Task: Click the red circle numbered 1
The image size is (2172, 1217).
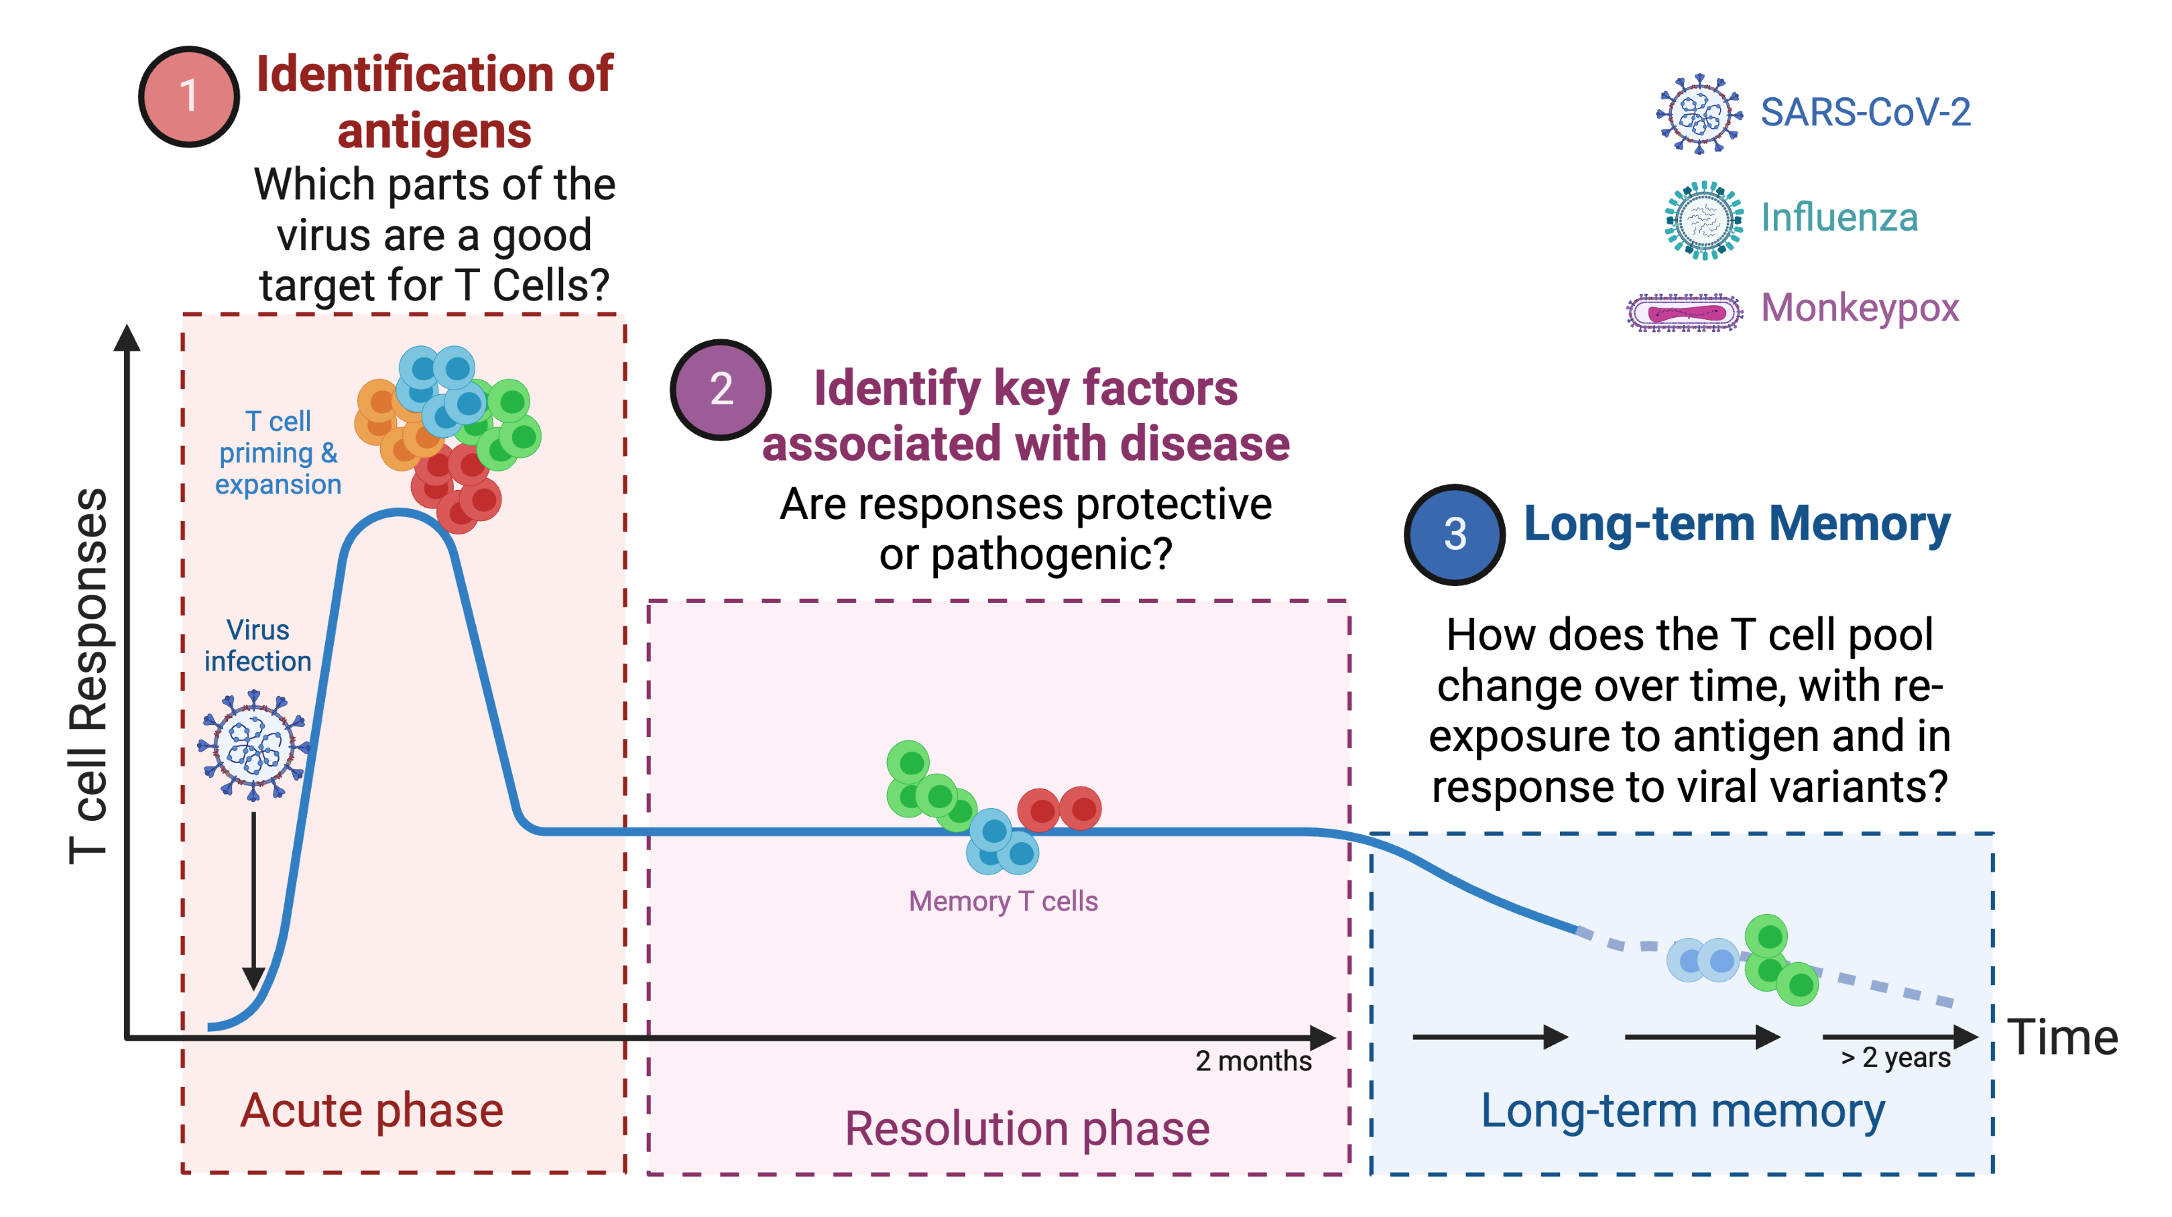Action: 189,96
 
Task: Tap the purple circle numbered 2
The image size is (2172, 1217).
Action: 720,390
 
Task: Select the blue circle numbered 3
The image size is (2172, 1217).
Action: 1455,534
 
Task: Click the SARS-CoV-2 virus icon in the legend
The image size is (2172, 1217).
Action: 1699,114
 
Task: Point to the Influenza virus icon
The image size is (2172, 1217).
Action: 1703,220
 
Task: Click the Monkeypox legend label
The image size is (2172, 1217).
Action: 1859,308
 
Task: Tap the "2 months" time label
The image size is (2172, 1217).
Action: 1253,1060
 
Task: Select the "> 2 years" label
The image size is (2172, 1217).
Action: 1895,1057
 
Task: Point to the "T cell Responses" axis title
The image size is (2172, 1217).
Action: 88,677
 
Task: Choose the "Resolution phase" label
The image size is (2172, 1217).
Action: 1027,1128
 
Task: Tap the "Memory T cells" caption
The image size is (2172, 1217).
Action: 1002,901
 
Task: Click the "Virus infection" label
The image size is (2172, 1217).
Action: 257,645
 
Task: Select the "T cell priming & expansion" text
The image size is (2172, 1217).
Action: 278,453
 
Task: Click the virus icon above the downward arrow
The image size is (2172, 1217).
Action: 253,746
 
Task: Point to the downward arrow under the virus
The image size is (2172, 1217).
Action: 253,901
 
